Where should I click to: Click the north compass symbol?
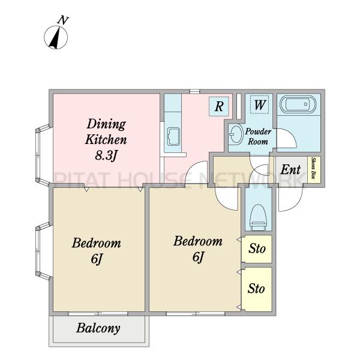[56, 37]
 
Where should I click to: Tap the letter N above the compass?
[62, 20]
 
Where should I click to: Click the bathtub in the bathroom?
[298, 104]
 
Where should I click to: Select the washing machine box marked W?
[259, 104]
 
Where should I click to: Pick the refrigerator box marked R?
[219, 106]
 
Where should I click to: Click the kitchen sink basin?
[173, 137]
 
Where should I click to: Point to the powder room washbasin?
[236, 134]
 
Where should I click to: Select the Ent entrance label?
[290, 170]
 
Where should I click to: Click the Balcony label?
[98, 328]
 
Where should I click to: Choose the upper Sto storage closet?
[257, 249]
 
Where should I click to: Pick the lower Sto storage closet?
[257, 289]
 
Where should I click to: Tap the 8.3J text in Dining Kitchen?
[106, 156]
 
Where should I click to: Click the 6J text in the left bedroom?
[96, 259]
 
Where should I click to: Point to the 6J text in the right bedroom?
[198, 257]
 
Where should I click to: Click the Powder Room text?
[258, 136]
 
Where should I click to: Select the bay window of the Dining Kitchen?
[43, 155]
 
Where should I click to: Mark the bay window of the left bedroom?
[43, 251]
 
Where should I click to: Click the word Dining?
[106, 124]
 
